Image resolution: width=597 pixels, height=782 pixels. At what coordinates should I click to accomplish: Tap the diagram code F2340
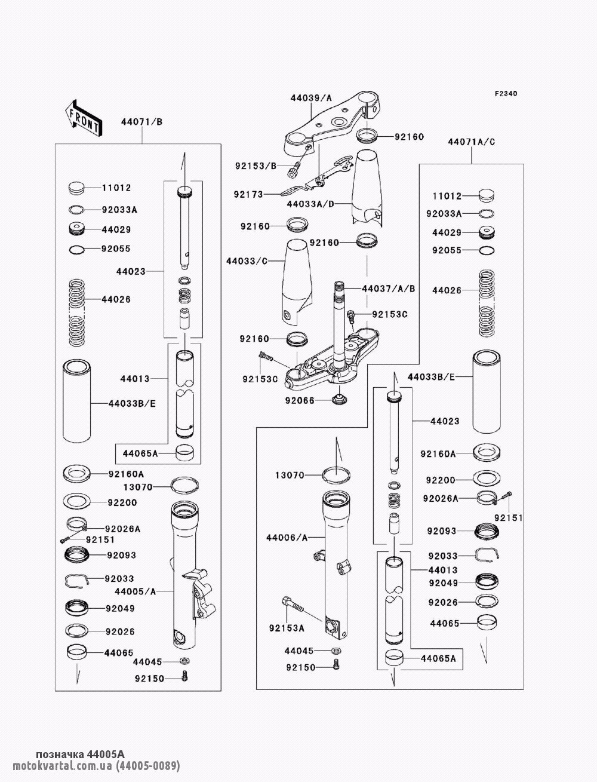pyautogui.click(x=506, y=94)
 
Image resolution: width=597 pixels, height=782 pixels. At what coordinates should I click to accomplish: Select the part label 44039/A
pyautogui.click(x=311, y=98)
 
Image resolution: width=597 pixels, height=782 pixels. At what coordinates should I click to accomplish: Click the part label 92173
pyautogui.click(x=248, y=195)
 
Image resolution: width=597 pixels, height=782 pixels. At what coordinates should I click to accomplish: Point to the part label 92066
pyautogui.click(x=300, y=401)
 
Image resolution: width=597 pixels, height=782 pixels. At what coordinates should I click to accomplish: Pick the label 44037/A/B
pyautogui.click(x=389, y=289)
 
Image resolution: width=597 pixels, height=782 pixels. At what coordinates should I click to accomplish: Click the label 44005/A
pyautogui.click(x=136, y=592)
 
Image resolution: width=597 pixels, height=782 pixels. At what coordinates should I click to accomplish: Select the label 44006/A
pyautogui.click(x=287, y=538)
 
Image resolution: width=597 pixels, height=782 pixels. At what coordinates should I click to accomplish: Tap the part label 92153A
pyautogui.click(x=287, y=628)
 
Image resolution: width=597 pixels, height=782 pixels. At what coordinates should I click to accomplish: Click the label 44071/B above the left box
pyautogui.click(x=141, y=122)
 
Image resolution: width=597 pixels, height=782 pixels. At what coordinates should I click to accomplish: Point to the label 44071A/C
pyautogui.click(x=472, y=142)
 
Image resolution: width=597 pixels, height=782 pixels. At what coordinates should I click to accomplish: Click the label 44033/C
pyautogui.click(x=247, y=261)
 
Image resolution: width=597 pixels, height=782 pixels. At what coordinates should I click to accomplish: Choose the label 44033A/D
pyautogui.click(x=310, y=204)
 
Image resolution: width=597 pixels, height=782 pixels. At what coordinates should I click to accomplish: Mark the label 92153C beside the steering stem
pyautogui.click(x=390, y=315)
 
